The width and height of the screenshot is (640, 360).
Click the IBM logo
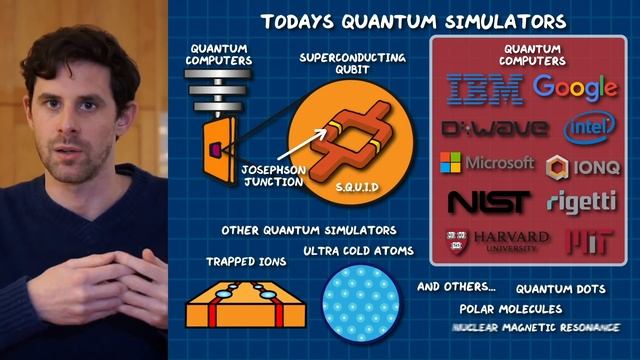(485, 89)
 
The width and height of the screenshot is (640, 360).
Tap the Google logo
(574, 87)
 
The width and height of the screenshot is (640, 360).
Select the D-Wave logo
(494, 128)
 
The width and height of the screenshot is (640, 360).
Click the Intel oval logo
(589, 127)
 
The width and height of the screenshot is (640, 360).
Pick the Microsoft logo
(487, 162)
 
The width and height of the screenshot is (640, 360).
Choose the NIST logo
(487, 202)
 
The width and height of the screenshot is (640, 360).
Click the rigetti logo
(581, 201)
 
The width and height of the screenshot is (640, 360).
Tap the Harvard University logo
(497, 240)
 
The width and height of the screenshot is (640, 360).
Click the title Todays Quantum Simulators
(413, 21)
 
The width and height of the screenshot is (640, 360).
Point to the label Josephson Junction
(270, 176)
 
